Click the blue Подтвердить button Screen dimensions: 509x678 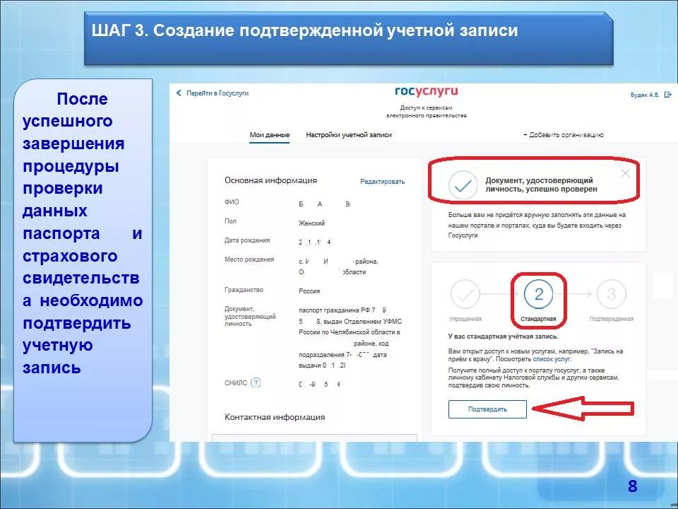pyautogui.click(x=487, y=409)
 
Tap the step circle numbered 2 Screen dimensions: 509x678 pyautogui.click(x=539, y=295)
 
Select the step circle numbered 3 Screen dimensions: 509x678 pyautogui.click(x=612, y=295)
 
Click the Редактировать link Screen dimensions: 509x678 pyautogui.click(x=382, y=182)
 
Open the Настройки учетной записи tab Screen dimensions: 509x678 pyautogui.click(x=348, y=134)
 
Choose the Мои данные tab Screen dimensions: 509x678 pyautogui.click(x=269, y=134)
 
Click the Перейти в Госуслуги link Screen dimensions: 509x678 pyautogui.click(x=217, y=93)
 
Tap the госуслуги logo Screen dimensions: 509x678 pyautogui.click(x=427, y=91)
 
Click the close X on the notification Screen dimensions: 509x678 pyautogui.click(x=625, y=173)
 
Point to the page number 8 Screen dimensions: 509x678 pyautogui.click(x=632, y=486)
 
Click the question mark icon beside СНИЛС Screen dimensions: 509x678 pyautogui.click(x=256, y=382)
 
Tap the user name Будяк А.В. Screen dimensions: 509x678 pyautogui.click(x=645, y=95)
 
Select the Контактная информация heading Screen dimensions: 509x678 pyautogui.click(x=275, y=417)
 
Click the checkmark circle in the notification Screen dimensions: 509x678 pyautogui.click(x=463, y=185)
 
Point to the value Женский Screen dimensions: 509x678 pyautogui.click(x=311, y=223)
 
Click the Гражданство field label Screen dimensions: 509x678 pyautogui.click(x=244, y=290)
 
